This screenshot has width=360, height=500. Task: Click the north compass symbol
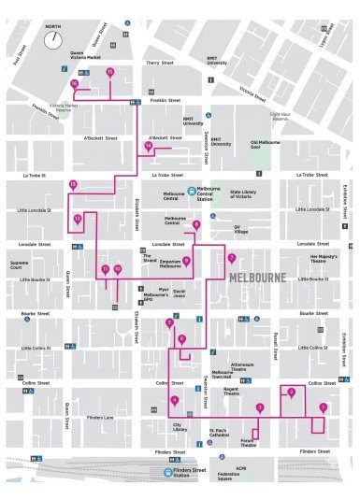(x=55, y=41)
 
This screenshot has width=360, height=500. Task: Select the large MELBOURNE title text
(x=256, y=277)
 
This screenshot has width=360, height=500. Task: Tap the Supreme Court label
(x=20, y=264)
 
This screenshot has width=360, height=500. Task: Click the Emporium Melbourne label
(x=170, y=264)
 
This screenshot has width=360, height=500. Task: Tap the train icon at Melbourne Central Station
(x=190, y=190)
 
